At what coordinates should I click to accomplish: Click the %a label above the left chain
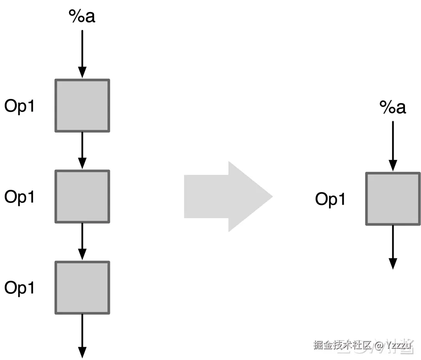pos(82,16)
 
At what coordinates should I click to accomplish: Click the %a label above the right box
pos(393,108)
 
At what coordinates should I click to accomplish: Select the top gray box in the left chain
pos(82,106)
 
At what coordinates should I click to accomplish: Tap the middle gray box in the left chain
pos(82,196)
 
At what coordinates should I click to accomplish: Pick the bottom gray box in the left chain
pos(82,288)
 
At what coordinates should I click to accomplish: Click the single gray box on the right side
pos(393,199)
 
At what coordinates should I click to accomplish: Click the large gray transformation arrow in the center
pos(222,196)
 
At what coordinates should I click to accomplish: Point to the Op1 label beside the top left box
pos(19,106)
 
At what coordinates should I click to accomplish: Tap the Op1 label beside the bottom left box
pos(19,288)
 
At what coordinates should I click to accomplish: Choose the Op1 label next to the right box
pos(330,199)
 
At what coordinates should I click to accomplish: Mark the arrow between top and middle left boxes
pos(82,150)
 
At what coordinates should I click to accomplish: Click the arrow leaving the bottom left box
pos(82,335)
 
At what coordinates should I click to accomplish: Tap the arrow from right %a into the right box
pos(393,146)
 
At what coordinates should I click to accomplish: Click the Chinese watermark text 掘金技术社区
pos(342,345)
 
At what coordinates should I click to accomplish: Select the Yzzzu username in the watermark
pos(398,345)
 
